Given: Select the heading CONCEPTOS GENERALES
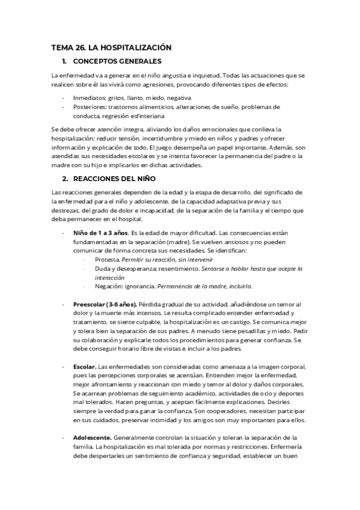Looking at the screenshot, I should tap(117, 61).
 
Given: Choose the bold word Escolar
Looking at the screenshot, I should tap(84, 367).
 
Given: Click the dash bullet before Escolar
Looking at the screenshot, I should tap(64, 367).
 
